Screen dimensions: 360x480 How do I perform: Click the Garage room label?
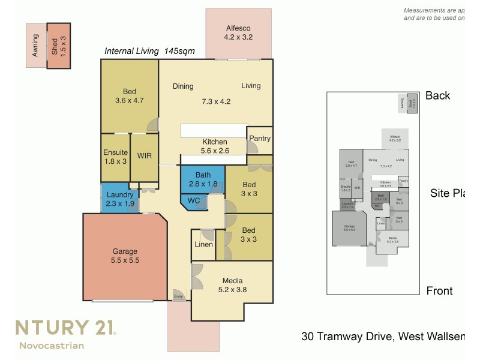coord(125,251)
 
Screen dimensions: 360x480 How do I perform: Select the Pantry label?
coord(259,139)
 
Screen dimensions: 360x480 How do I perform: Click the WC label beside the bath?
coord(194,200)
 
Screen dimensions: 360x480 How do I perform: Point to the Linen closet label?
coord(203,245)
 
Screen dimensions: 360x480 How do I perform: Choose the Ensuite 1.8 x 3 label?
coord(116,157)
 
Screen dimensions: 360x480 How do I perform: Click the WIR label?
coord(144,156)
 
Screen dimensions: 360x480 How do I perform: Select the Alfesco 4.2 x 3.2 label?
coord(238,33)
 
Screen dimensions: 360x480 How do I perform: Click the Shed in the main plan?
coord(59,45)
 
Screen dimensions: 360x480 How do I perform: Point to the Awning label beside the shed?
coord(36,46)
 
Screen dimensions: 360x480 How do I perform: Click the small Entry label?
coord(178,296)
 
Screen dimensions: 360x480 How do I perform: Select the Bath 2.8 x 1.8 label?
coord(203,179)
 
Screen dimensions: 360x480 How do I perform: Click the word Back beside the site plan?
coord(437,95)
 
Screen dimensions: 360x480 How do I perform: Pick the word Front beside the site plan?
coord(439,291)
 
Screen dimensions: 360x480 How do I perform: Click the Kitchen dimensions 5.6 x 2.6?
coord(215,151)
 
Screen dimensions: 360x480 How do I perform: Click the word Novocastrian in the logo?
coord(52,345)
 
